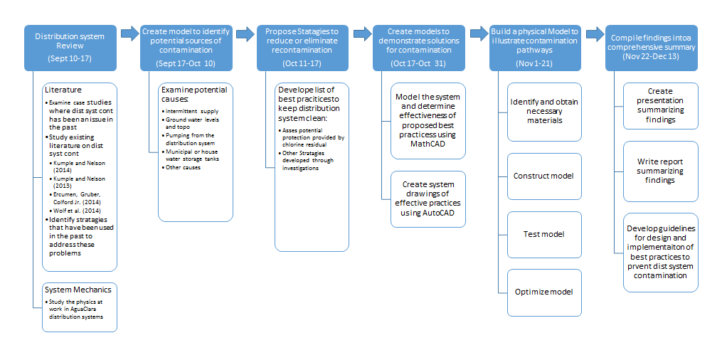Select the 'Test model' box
[x=544, y=234]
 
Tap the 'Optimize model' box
[x=544, y=292]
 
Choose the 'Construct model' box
[x=544, y=176]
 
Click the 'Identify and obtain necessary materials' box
[x=544, y=112]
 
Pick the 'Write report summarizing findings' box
[x=660, y=171]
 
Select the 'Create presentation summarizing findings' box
[x=660, y=106]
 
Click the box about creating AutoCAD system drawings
[x=428, y=199]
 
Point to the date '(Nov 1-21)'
[x=534, y=63]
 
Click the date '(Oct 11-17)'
[x=302, y=63]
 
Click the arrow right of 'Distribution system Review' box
[x=129, y=33]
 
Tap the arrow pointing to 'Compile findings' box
[x=594, y=33]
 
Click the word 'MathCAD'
[x=428, y=144]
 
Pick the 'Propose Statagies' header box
[x=302, y=48]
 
